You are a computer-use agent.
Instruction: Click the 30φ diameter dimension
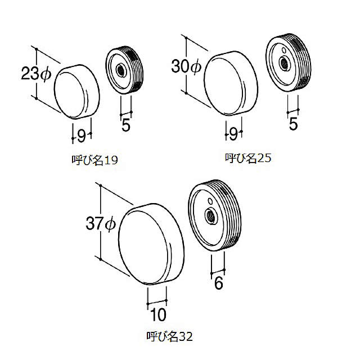click(x=185, y=67)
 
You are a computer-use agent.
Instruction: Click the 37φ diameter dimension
click(x=101, y=224)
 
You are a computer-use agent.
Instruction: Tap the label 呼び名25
click(x=249, y=158)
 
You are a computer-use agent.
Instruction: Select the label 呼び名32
click(x=169, y=337)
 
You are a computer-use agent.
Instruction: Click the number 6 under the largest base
click(x=219, y=283)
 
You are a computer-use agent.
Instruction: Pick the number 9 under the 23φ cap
click(x=82, y=135)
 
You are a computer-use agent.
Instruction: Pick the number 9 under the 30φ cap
click(x=234, y=133)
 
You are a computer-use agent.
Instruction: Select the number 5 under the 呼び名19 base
click(x=126, y=125)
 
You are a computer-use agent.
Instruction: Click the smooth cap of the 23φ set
click(x=76, y=92)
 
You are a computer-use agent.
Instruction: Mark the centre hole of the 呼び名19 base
click(x=120, y=71)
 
